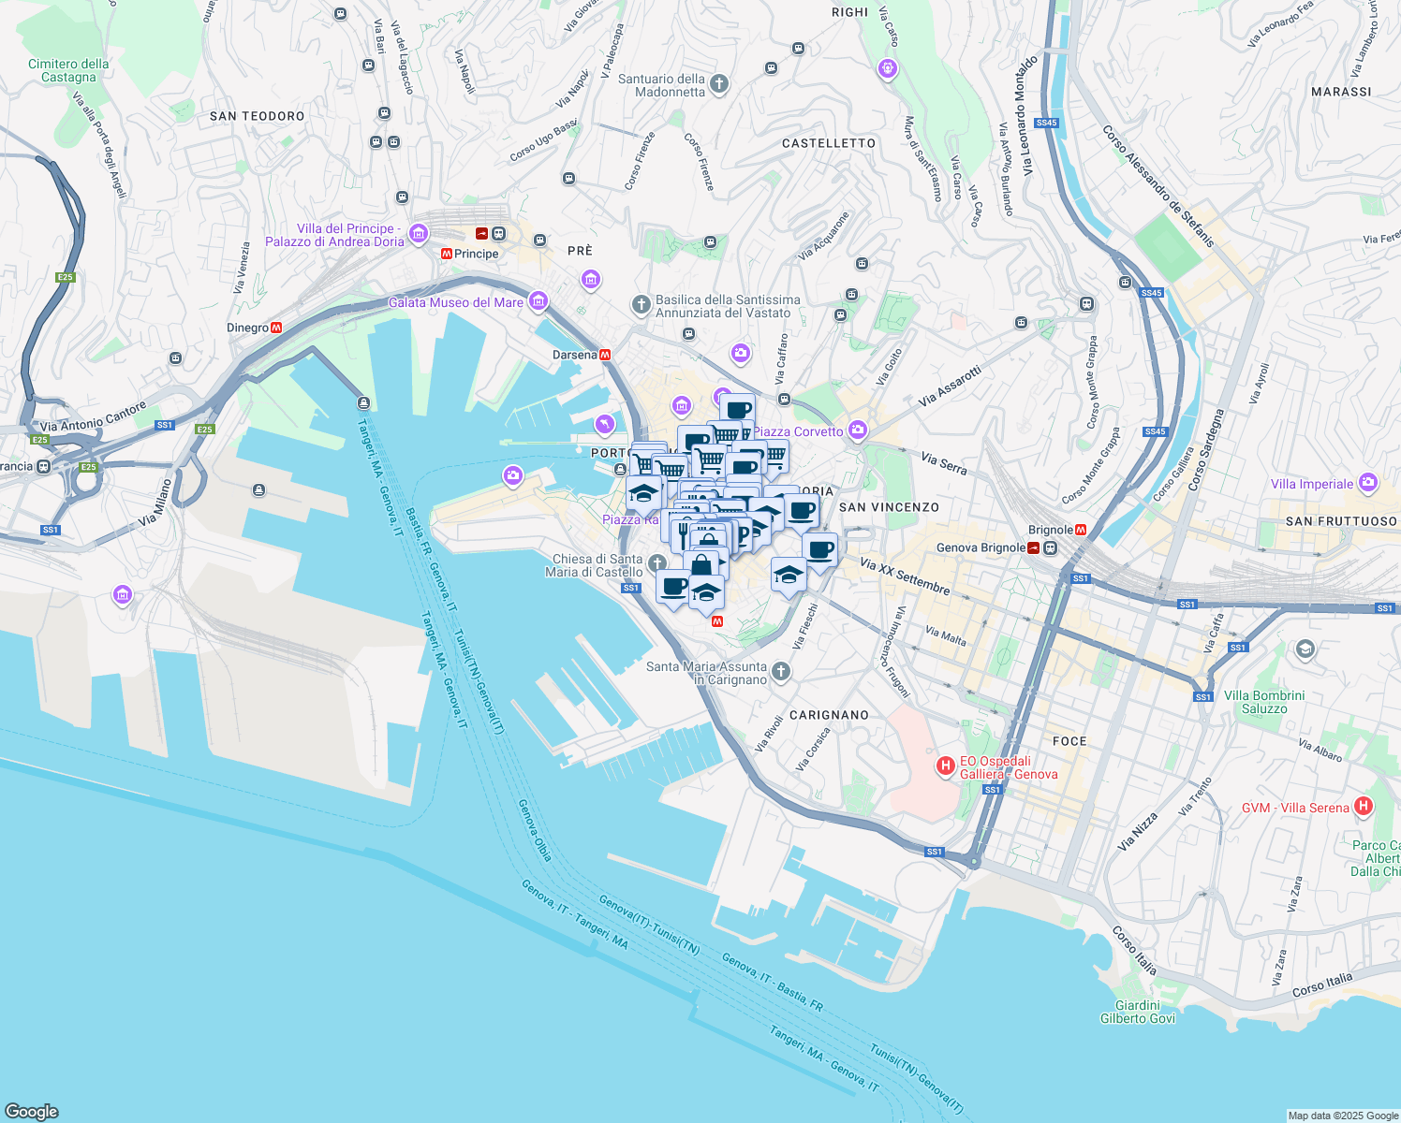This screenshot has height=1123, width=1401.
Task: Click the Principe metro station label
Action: click(x=476, y=254)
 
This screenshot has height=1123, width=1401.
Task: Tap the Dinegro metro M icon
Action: click(x=276, y=328)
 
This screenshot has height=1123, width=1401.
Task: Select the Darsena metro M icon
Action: click(x=605, y=355)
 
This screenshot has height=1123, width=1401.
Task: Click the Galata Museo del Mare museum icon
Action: click(x=538, y=300)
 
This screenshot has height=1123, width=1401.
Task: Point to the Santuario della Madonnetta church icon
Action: click(x=719, y=84)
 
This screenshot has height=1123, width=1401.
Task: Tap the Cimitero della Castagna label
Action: click(x=68, y=70)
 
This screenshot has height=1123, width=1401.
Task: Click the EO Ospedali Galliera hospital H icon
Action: click(x=946, y=766)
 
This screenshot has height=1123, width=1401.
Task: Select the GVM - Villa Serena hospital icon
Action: click(x=1364, y=806)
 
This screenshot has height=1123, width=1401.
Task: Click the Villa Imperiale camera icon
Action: click(x=1368, y=483)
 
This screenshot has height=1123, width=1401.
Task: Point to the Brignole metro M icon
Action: click(x=1081, y=530)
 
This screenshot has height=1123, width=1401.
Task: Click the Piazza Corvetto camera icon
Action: click(x=857, y=430)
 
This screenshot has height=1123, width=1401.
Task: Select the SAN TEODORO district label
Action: click(x=257, y=116)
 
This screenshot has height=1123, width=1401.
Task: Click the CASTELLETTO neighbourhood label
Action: click(x=829, y=143)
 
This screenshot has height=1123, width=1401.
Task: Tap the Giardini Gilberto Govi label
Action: click(x=1137, y=1012)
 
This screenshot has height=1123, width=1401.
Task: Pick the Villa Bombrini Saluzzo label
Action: click(x=1263, y=702)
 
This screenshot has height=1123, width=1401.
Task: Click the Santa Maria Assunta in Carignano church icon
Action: click(x=781, y=671)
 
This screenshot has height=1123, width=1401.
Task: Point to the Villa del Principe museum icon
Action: click(x=419, y=234)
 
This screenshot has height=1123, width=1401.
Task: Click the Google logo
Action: click(x=32, y=1111)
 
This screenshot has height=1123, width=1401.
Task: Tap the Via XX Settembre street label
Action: click(x=905, y=576)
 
